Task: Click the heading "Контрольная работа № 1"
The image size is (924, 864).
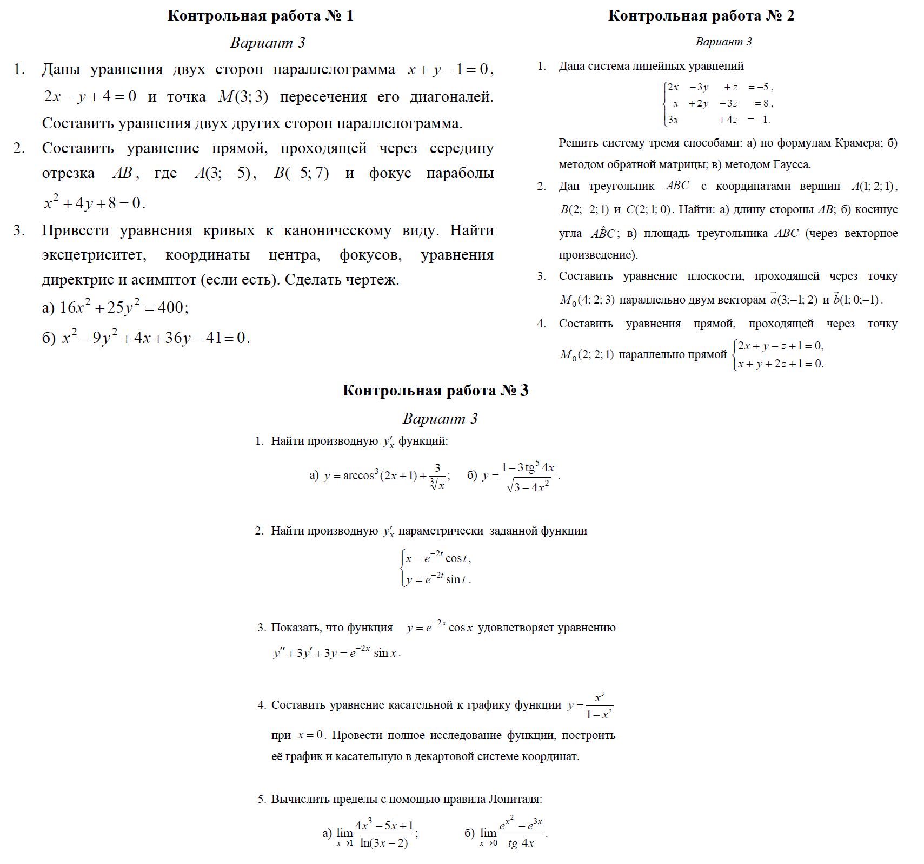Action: (x=260, y=16)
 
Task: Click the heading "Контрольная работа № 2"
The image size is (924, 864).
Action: (x=701, y=16)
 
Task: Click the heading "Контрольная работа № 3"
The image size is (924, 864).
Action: (x=435, y=391)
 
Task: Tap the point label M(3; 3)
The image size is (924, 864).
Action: (x=243, y=97)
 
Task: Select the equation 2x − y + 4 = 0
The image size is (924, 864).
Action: (x=90, y=97)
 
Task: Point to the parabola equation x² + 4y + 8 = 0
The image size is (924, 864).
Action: (x=95, y=203)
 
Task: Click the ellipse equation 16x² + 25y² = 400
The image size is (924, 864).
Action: (x=124, y=307)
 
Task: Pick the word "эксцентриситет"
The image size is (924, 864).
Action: (x=94, y=255)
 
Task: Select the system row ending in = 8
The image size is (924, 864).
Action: (x=720, y=103)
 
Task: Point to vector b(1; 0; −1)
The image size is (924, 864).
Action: (x=857, y=300)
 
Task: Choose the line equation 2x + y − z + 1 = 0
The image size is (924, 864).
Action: (x=780, y=346)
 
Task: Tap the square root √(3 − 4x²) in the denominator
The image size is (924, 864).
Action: (x=528, y=487)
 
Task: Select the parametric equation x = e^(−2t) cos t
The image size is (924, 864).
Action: (x=438, y=558)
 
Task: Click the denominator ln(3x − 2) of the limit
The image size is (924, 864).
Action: (x=384, y=843)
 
